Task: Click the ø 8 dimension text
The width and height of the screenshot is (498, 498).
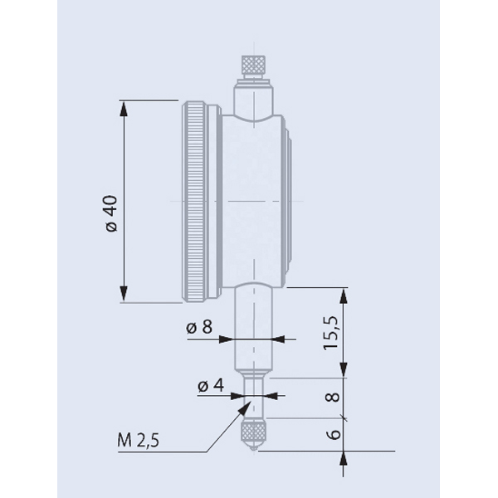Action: [x=199, y=328]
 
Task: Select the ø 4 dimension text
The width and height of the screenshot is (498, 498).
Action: [x=209, y=385]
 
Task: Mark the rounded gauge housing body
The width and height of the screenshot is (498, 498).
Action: [x=249, y=202]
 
